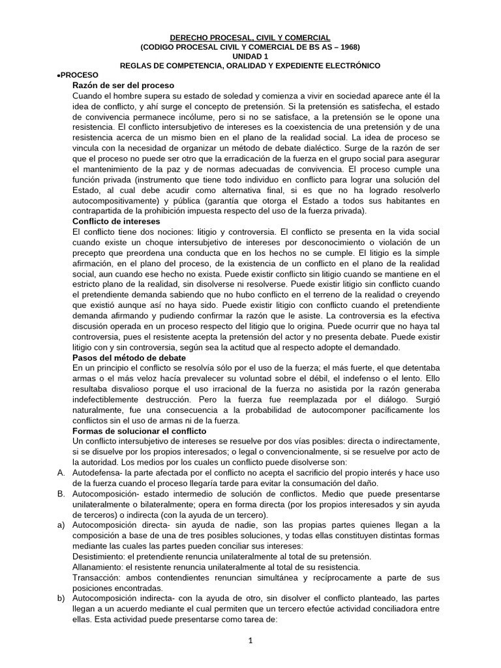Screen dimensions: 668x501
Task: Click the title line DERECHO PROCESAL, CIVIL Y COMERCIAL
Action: coord(250,38)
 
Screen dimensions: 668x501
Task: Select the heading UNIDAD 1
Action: coord(250,57)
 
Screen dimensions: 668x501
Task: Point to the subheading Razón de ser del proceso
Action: coord(123,85)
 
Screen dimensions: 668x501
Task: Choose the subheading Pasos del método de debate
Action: coord(129,358)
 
